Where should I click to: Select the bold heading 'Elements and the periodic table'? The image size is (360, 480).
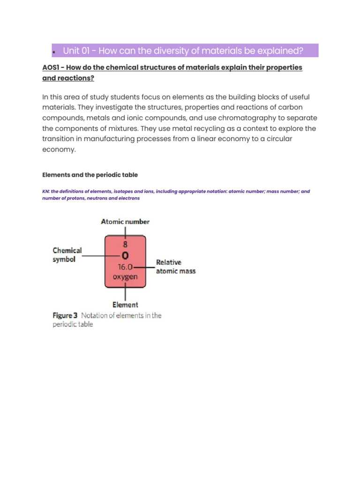[90, 175]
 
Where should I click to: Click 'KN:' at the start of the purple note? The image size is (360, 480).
[46, 192]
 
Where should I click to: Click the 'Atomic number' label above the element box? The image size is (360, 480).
[125, 222]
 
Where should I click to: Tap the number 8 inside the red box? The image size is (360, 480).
[125, 244]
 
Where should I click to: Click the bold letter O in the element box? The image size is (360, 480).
[125, 256]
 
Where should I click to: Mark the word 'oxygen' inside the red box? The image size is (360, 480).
[125, 277]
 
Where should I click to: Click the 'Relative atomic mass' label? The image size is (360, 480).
[175, 267]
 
